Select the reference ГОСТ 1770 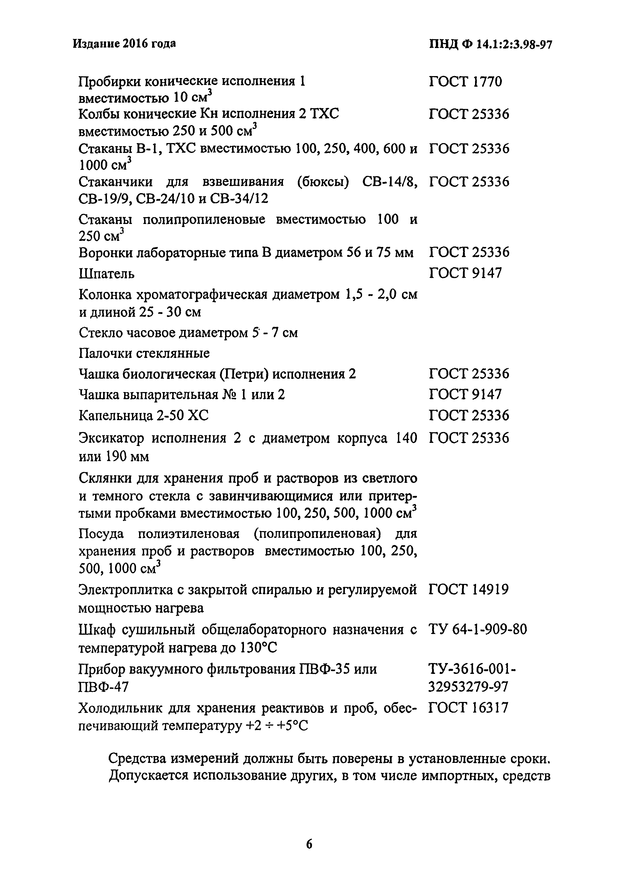[465, 82]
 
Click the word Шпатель [107, 274]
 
